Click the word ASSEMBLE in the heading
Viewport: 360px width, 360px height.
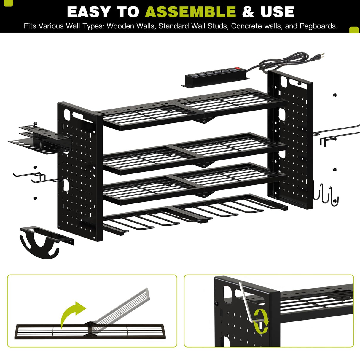coord(190,12)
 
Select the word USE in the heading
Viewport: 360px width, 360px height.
coord(277,12)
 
